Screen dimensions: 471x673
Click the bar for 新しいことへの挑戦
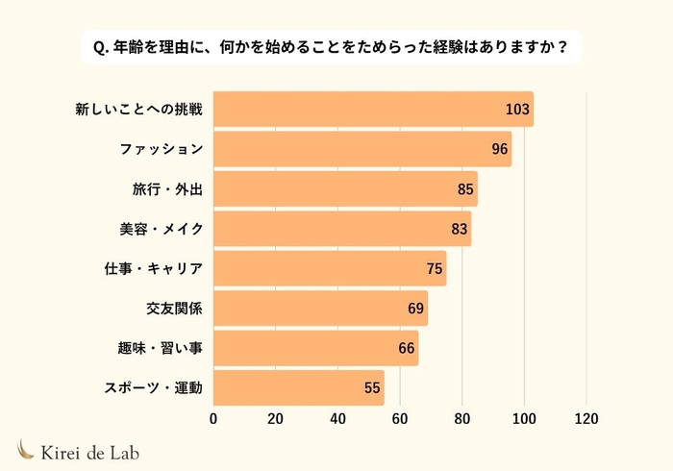373,110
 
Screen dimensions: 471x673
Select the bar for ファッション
362,149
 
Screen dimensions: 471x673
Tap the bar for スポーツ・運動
298,388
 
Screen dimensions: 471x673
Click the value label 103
518,110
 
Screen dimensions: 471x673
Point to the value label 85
465,189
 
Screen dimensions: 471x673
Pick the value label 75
435,269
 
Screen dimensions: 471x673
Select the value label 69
415,310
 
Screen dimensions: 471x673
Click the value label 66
407,349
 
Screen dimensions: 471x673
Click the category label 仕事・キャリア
153,269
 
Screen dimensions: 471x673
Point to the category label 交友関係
174,310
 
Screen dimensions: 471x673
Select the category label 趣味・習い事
160,349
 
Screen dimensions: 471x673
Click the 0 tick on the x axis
213,419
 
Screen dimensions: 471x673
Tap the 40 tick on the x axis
337,419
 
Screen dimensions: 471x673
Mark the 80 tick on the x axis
462,419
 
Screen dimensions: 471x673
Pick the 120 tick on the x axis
586,419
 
